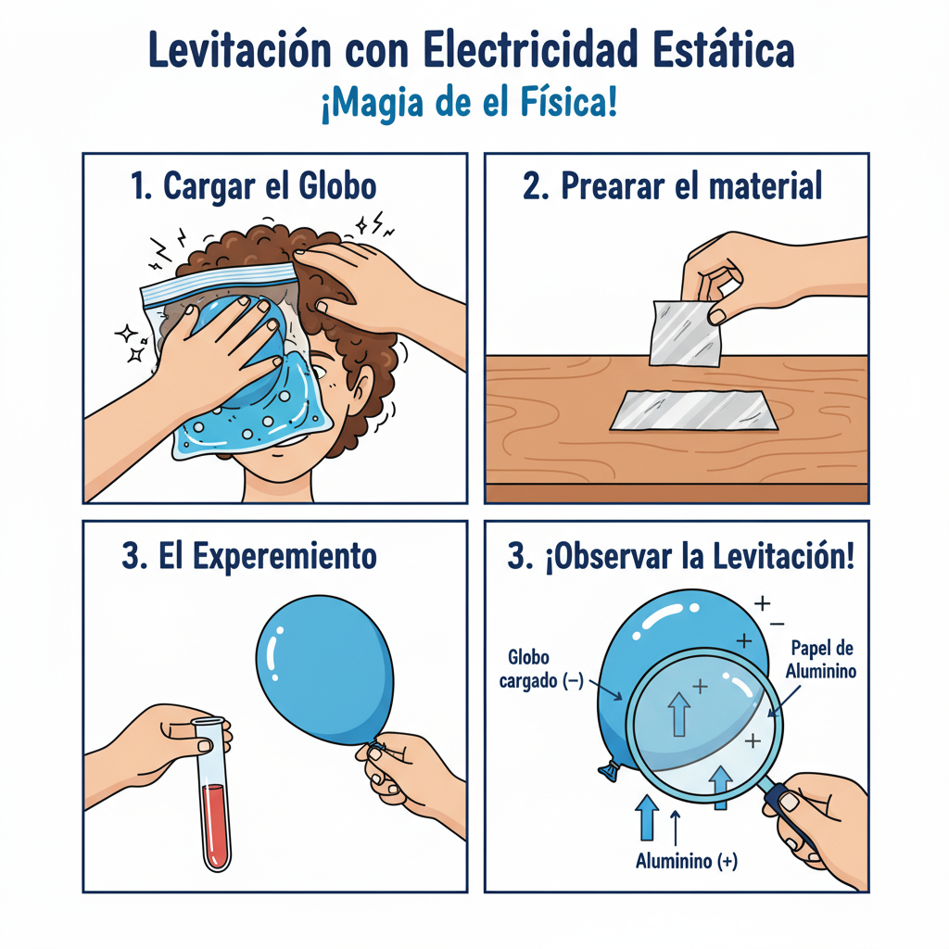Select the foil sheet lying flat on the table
[x=693, y=411]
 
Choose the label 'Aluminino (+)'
[x=687, y=861]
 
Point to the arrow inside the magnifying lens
[x=679, y=715]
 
